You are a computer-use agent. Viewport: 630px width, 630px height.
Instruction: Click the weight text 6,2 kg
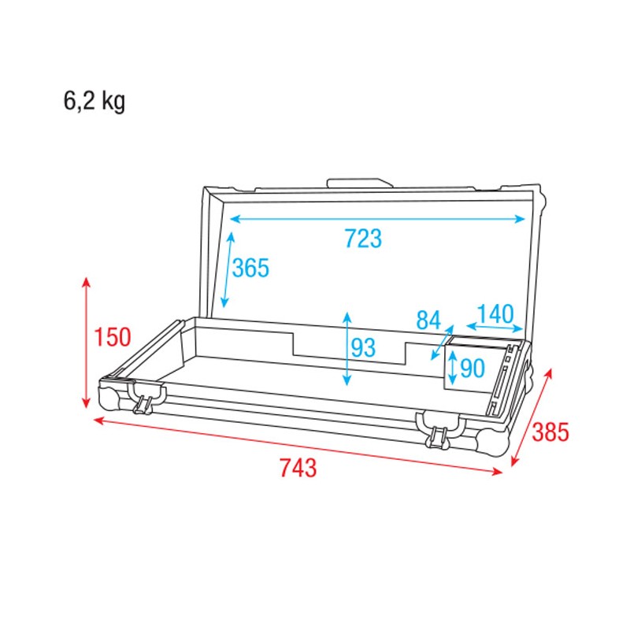click(94, 102)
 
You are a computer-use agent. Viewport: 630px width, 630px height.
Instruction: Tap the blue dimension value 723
click(362, 238)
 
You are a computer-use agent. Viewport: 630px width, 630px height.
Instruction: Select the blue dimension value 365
click(250, 269)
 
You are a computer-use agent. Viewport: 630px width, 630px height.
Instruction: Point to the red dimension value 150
click(112, 337)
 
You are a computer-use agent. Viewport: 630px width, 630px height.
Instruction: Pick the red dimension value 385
click(550, 432)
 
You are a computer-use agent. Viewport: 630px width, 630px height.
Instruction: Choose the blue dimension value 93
click(364, 347)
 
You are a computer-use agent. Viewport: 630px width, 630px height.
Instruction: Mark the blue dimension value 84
click(428, 321)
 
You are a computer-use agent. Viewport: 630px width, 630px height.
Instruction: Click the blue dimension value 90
click(471, 368)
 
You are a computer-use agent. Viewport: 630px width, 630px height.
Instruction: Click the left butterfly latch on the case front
click(145, 398)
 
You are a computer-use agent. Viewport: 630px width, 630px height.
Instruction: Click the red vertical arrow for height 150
click(87, 343)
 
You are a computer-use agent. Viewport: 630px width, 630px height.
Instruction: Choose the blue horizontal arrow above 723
click(378, 219)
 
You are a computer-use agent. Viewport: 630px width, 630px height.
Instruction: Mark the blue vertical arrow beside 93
click(347, 348)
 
